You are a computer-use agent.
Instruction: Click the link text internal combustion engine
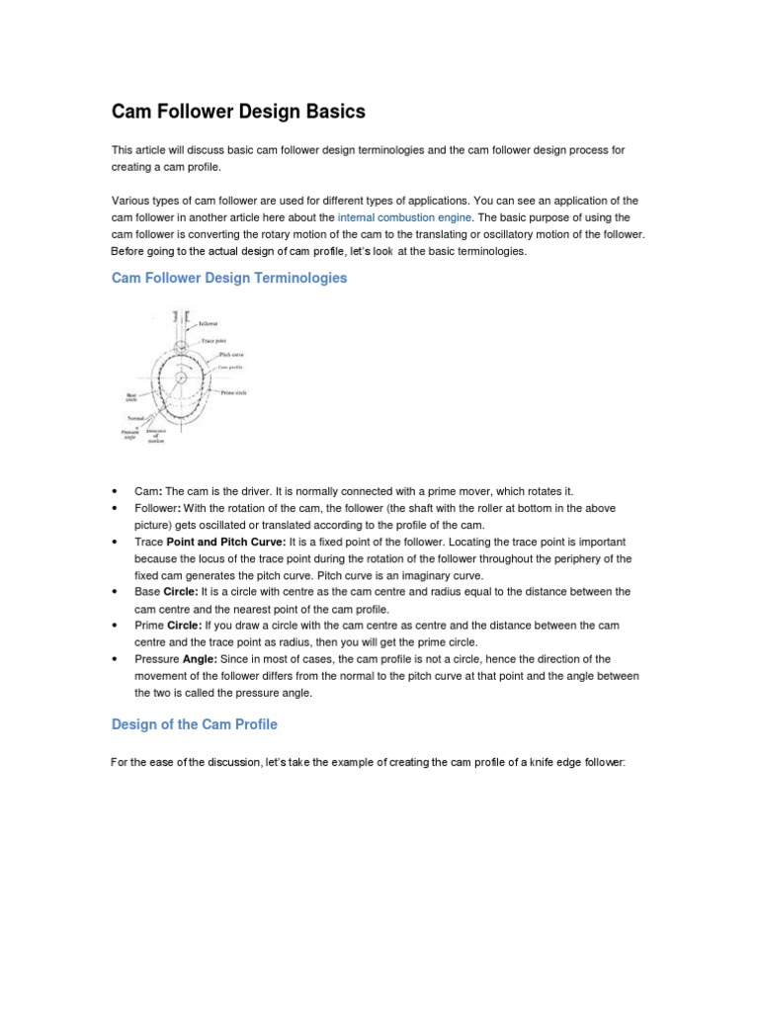pos(405,216)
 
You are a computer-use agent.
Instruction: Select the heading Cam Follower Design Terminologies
pos(229,279)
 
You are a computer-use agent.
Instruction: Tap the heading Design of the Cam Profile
pos(195,724)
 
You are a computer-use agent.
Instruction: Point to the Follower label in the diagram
pos(209,323)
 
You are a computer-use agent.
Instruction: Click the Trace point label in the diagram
pos(215,341)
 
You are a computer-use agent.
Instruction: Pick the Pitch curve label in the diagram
pos(231,354)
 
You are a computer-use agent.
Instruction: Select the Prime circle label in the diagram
pos(233,392)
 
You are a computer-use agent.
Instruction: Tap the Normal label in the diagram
pos(136,418)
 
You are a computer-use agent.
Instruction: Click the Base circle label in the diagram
pos(130,397)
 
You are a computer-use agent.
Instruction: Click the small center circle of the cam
pos(180,379)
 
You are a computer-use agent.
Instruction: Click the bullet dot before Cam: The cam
pos(116,491)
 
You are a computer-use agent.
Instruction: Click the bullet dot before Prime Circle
pos(116,626)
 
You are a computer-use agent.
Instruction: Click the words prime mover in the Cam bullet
pos(463,491)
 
